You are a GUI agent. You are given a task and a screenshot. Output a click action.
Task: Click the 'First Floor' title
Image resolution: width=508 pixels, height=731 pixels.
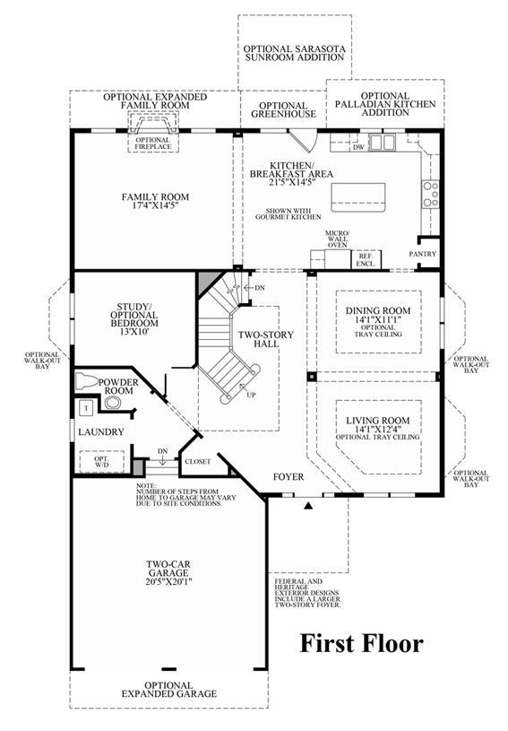click(x=360, y=643)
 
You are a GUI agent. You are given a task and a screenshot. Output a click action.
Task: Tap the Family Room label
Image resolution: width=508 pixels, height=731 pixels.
click(x=155, y=196)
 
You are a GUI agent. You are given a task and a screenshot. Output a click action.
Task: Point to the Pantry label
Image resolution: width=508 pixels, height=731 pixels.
click(x=423, y=254)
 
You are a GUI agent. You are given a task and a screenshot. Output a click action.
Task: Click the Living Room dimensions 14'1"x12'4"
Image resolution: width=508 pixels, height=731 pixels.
click(x=377, y=429)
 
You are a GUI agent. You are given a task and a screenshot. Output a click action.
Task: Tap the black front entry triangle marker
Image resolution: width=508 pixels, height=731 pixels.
click(x=308, y=507)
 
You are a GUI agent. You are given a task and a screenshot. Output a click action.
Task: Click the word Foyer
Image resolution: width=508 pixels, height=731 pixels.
click(x=288, y=477)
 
